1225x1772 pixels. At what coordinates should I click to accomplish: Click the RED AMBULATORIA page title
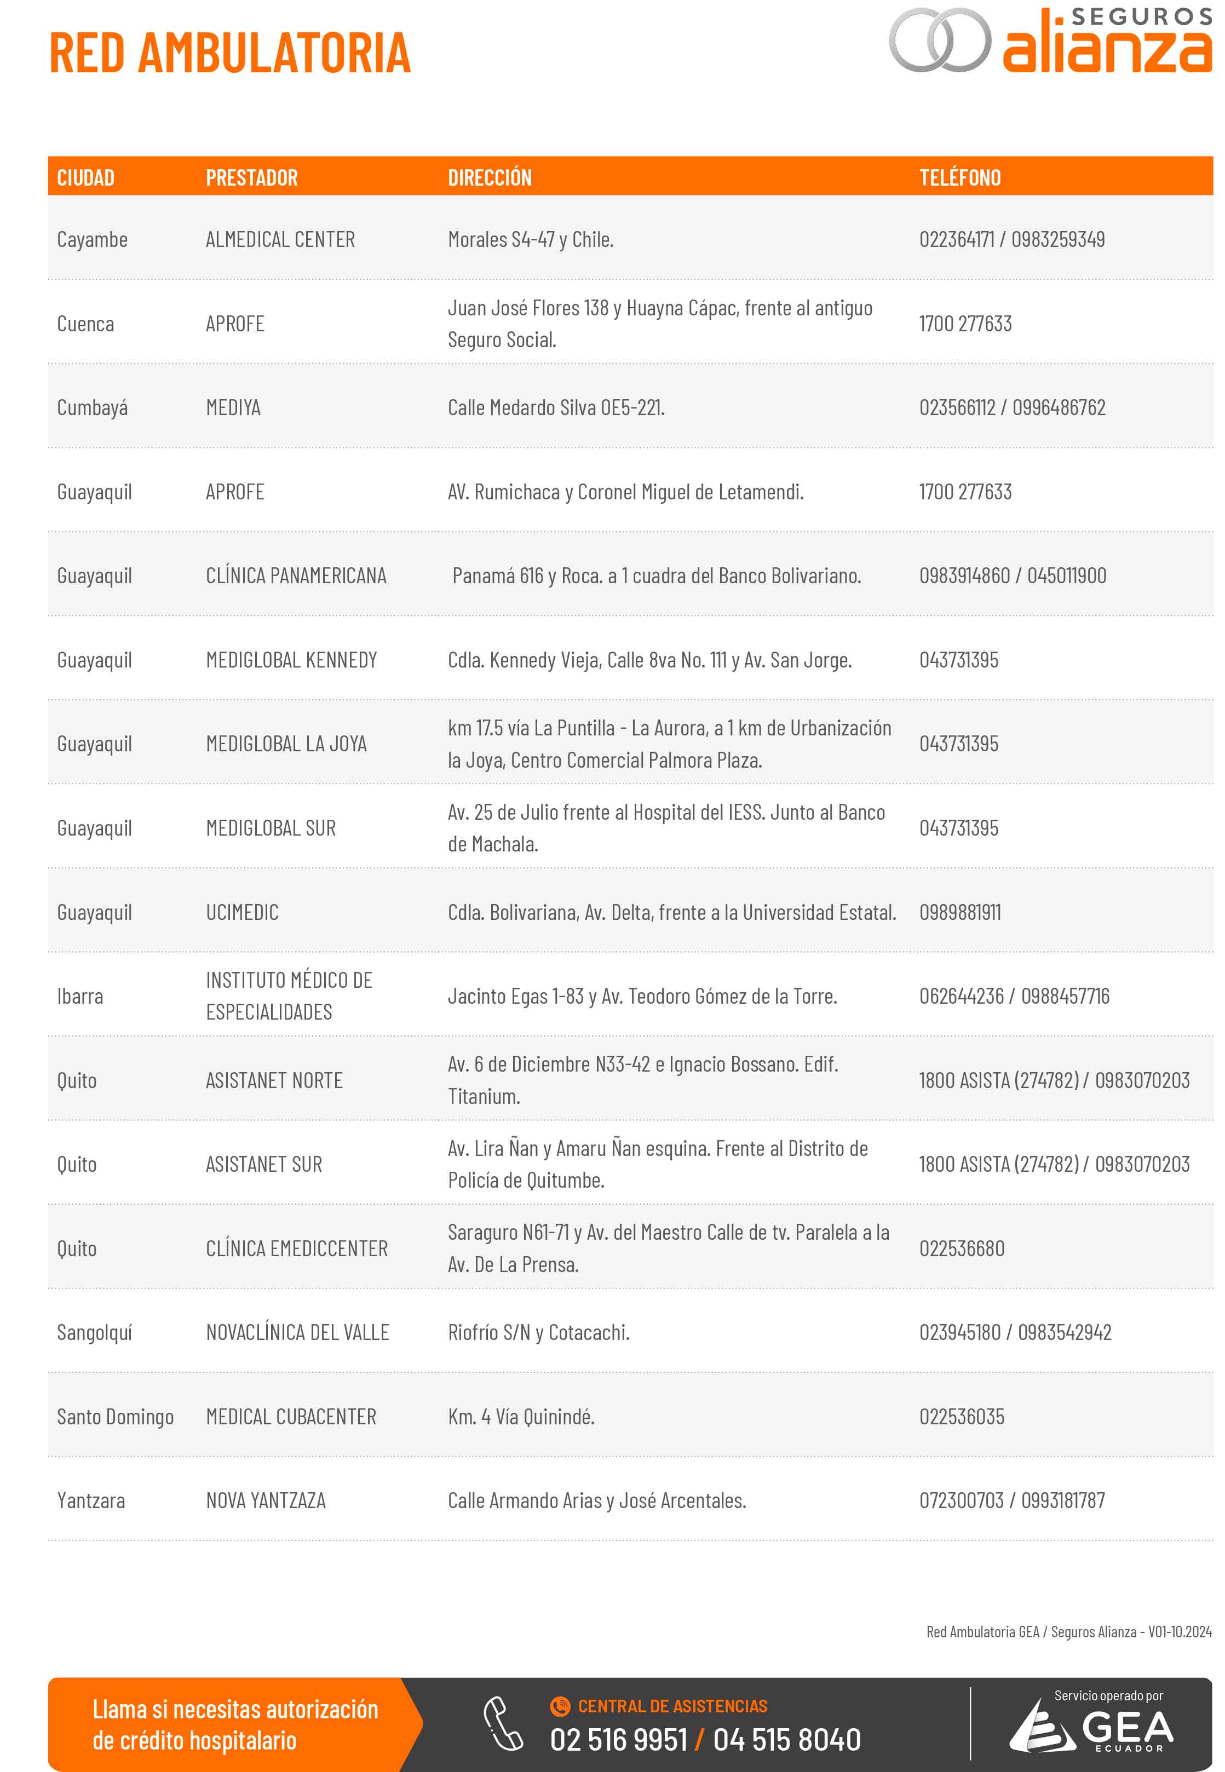229,53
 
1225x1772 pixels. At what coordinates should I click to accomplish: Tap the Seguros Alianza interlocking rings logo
940,40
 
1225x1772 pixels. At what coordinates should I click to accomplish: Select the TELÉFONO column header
959,178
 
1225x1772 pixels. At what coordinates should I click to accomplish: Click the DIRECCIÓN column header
490,178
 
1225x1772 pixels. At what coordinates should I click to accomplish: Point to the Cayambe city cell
92,239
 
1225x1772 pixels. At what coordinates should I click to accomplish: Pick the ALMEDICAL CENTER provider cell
280,239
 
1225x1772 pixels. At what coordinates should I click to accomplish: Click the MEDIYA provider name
233,407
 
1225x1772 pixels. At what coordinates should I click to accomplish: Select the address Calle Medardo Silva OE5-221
556,407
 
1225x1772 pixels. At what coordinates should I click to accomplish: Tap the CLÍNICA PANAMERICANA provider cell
296,576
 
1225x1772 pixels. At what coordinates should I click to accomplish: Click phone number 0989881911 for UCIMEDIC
959,912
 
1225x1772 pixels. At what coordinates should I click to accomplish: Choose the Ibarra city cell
80,996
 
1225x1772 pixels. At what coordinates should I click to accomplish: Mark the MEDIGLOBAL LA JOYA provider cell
286,744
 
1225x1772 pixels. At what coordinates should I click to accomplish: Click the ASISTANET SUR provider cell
264,1164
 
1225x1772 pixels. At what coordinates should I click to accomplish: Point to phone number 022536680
962,1249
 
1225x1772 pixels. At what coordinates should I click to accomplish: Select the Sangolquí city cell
94,1332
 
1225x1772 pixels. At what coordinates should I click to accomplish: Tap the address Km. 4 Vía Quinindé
521,1417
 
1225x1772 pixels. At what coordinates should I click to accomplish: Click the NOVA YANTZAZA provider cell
266,1500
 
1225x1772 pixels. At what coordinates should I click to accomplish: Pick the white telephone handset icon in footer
503,1723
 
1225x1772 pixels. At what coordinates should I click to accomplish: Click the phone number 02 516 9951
618,1739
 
